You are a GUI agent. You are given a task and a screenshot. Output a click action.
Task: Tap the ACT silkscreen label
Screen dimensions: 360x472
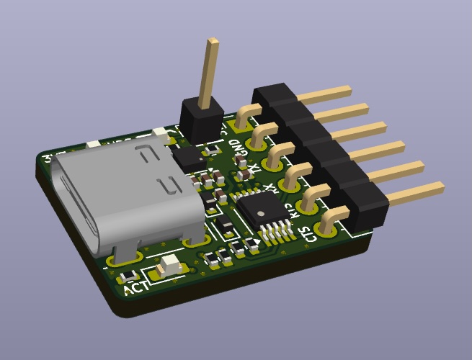pyautogui.click(x=136, y=287)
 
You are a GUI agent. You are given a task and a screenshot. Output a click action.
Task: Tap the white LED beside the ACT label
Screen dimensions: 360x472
pyautogui.click(x=170, y=264)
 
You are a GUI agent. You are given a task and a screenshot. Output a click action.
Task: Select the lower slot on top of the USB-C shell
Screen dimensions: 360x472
pyautogui.click(x=168, y=186)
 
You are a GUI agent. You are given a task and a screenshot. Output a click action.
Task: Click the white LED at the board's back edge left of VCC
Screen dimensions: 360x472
pyautogui.click(x=93, y=144)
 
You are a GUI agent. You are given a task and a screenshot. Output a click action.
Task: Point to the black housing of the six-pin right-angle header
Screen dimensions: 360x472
pyautogui.click(x=324, y=151)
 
